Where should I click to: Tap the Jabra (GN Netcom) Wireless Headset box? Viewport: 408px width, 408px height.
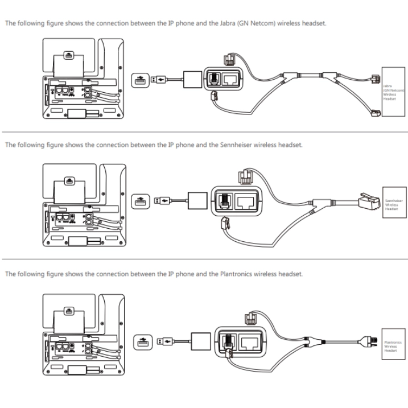[x=393, y=92]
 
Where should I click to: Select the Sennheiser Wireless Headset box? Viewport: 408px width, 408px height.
[x=393, y=204]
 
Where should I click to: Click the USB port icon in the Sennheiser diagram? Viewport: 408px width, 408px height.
[x=139, y=200]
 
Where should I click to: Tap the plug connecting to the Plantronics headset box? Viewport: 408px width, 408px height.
[x=368, y=342]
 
